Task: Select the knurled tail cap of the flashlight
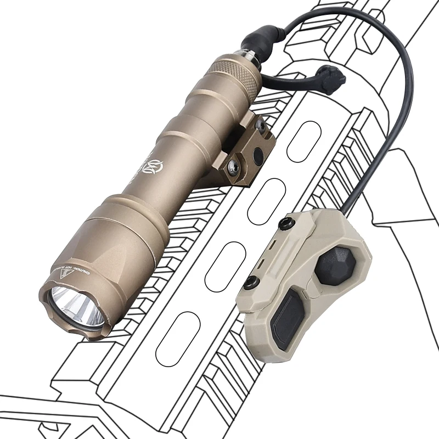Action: click(x=237, y=71)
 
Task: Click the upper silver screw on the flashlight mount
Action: click(x=262, y=127)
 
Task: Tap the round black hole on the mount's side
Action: click(x=257, y=157)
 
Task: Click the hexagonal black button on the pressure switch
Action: click(x=335, y=266)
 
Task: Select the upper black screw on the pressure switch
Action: click(x=285, y=224)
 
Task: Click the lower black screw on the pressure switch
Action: click(x=251, y=283)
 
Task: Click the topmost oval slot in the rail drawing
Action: click(x=303, y=141)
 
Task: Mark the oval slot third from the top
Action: click(x=224, y=267)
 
